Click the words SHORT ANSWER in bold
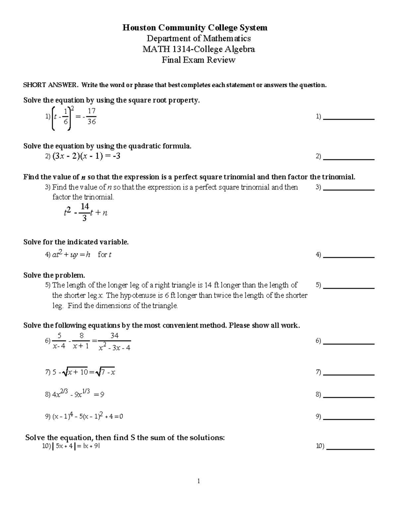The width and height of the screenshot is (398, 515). (50, 85)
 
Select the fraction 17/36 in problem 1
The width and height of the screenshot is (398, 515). (91, 117)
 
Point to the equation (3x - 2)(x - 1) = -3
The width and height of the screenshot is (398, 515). (86, 156)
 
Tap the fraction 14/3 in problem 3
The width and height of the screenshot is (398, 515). (85, 212)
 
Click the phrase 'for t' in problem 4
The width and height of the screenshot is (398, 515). (104, 255)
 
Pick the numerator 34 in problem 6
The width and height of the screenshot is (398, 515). (114, 336)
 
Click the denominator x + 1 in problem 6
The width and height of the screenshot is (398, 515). (81, 347)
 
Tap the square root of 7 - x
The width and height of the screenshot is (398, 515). (105, 372)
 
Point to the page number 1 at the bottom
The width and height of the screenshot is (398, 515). (198, 481)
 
